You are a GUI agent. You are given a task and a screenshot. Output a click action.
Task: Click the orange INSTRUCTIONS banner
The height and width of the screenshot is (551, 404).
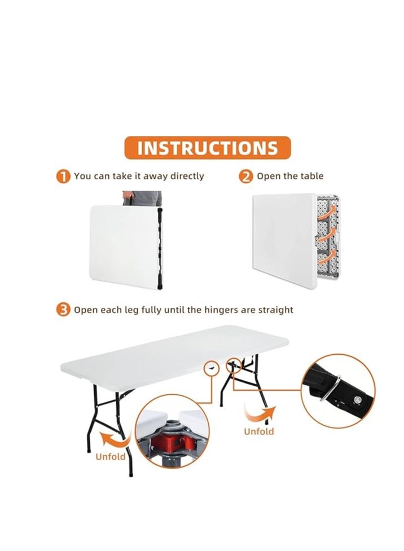coord(207,148)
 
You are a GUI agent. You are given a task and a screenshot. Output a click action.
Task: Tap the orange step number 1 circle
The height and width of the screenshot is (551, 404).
coord(63,177)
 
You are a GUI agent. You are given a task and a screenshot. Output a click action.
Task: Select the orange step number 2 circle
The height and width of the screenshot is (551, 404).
coord(246,177)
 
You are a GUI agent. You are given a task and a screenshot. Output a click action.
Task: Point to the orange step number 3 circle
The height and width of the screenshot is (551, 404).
coord(63,310)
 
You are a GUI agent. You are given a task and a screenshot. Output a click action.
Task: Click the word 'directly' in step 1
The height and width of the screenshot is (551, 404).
coord(186,176)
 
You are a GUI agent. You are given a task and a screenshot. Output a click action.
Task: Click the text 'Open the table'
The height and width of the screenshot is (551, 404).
coord(290,176)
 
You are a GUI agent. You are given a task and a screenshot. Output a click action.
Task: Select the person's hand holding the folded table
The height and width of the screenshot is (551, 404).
coord(128,199)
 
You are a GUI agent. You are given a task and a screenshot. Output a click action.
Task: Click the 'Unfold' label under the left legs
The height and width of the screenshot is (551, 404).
coord(111,456)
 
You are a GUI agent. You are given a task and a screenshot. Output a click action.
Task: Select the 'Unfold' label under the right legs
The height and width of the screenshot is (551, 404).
coord(259,431)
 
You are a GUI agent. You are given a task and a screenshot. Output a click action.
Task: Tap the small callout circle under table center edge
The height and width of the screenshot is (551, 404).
coord(212,367)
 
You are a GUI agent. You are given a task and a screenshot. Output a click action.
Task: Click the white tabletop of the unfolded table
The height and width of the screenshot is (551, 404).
coord(169,352)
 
